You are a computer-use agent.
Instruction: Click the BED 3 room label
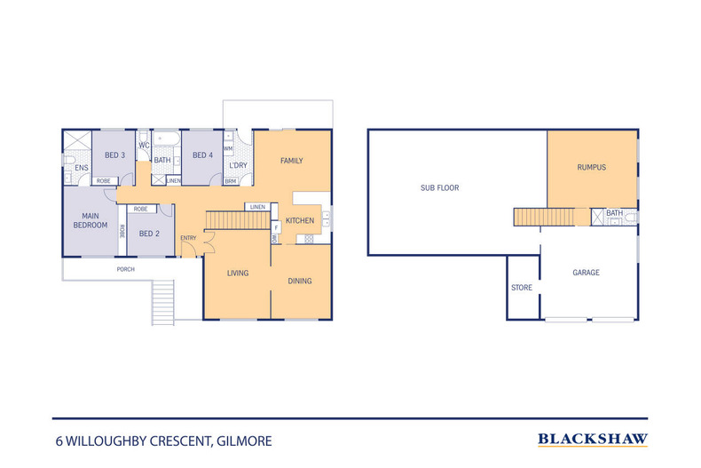tap(114, 155)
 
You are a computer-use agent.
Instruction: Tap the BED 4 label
tap(202, 155)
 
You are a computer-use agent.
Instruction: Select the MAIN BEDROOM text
tap(91, 220)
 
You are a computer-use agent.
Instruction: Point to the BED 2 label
tap(149, 234)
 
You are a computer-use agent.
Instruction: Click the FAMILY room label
tap(291, 161)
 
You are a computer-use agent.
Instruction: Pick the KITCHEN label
tap(300, 220)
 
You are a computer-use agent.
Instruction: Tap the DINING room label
tap(300, 281)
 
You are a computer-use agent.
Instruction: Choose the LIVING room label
tap(238, 273)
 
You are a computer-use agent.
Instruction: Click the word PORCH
tap(126, 269)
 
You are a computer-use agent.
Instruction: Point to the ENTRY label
tap(188, 238)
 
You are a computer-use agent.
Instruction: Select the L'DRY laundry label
tap(239, 165)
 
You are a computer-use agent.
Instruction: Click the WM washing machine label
tap(228, 148)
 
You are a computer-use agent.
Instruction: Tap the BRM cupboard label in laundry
tap(230, 181)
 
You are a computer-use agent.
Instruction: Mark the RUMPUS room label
tap(592, 167)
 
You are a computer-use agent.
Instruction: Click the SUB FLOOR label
tap(440, 188)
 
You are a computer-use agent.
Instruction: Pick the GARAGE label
tap(587, 273)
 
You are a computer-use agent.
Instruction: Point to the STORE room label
tap(522, 288)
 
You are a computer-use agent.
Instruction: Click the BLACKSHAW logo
tap(593, 440)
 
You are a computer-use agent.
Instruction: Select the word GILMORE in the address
tap(244, 441)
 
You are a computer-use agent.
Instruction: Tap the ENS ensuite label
tap(82, 168)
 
